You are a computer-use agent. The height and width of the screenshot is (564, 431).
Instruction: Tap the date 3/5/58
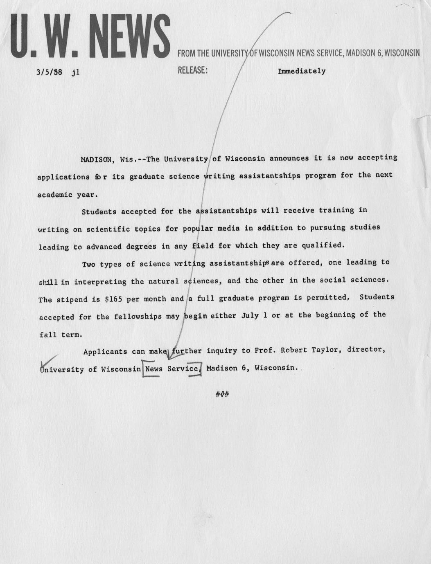tap(49, 72)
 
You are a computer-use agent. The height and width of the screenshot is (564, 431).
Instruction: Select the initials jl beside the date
tap(76, 72)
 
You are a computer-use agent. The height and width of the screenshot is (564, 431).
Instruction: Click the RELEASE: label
tap(193, 70)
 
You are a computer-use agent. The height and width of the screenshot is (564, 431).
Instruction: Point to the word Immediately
tap(302, 71)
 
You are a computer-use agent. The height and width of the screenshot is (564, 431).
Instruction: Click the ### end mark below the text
tap(222, 394)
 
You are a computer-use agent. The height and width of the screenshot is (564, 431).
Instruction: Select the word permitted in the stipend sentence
tap(326, 298)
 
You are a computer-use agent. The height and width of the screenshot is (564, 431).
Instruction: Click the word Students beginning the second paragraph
tap(99, 212)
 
